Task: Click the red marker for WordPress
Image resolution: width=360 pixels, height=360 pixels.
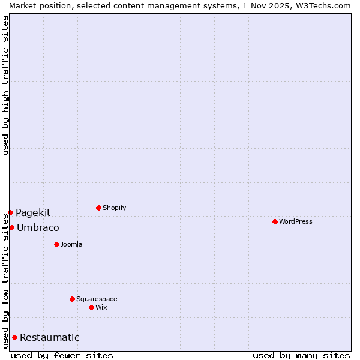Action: tap(275, 221)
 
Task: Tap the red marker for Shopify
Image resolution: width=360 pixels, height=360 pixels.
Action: tap(98, 208)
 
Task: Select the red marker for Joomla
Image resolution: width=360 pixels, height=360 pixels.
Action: tap(56, 244)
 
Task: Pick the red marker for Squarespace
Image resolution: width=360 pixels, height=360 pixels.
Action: tap(72, 299)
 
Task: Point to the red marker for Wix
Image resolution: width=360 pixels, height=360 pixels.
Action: tap(91, 307)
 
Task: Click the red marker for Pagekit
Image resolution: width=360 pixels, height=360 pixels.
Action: tap(10, 212)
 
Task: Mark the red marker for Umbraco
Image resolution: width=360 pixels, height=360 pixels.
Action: tap(11, 227)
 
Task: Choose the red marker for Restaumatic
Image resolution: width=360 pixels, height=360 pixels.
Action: tap(14, 337)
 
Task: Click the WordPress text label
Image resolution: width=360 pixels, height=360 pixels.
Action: tap(296, 221)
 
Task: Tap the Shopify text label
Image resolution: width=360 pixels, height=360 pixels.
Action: tap(115, 208)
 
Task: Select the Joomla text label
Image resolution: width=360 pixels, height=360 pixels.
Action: tap(71, 244)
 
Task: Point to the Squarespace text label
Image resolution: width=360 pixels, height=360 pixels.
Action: tap(97, 299)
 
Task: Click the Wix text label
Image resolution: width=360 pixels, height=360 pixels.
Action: tap(101, 307)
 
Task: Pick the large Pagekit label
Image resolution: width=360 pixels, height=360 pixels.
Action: tap(33, 212)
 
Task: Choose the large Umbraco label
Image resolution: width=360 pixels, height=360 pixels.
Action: tap(38, 227)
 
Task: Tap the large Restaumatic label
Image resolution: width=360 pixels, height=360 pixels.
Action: tap(49, 337)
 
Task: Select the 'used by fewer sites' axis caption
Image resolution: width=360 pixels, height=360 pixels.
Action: tap(62, 355)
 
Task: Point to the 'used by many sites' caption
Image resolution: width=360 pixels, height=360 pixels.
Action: tap(301, 355)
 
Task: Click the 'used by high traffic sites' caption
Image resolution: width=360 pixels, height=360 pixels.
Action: tap(5, 85)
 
